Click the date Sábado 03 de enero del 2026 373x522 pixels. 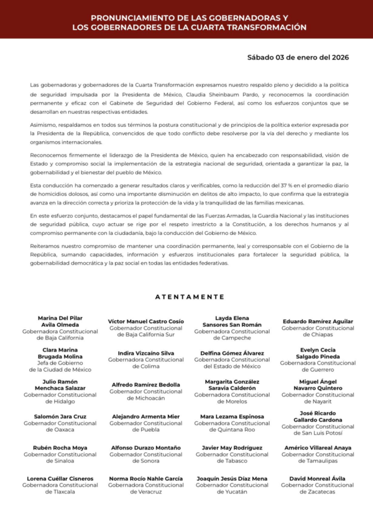point(298,57)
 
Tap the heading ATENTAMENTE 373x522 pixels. point(190,297)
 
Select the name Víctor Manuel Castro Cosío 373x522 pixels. point(146,321)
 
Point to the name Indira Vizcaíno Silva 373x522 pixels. point(146,353)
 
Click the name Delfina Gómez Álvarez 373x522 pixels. point(232,353)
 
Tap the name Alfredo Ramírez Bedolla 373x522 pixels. point(146,385)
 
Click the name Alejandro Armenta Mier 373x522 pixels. point(146,416)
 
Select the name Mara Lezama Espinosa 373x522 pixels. point(232,416)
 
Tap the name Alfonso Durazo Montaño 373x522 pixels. point(146,447)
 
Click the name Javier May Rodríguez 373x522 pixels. point(232,447)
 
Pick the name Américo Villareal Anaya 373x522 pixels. point(318,447)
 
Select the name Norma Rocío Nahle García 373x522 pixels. point(146,478)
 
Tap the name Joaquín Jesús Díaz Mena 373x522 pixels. point(232,478)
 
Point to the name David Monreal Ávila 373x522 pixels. point(318,478)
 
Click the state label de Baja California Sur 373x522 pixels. point(146,334)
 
